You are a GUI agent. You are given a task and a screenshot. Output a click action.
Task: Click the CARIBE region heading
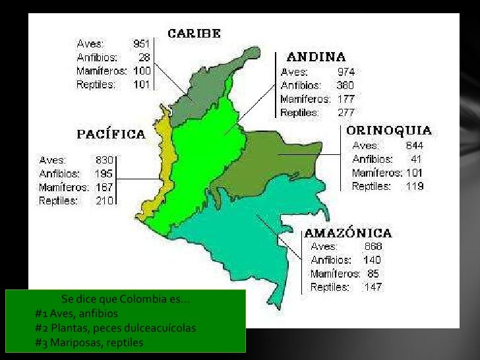[194, 33]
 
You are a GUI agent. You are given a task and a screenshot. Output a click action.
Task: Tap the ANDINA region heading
[316, 57]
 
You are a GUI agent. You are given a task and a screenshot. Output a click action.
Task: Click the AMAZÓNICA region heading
[347, 233]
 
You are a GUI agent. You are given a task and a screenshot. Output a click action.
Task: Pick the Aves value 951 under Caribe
[142, 44]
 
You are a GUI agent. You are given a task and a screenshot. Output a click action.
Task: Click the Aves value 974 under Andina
[346, 71]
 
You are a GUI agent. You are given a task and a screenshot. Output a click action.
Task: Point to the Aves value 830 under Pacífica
[105, 160]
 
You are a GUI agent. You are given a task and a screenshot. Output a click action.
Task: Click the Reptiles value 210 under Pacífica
[104, 200]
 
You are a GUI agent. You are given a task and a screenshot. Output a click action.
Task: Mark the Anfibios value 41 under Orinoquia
[416, 159]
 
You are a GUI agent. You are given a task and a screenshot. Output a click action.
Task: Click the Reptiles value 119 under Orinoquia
[415, 186]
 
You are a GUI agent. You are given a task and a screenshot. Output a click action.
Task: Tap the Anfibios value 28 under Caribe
[144, 57]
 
